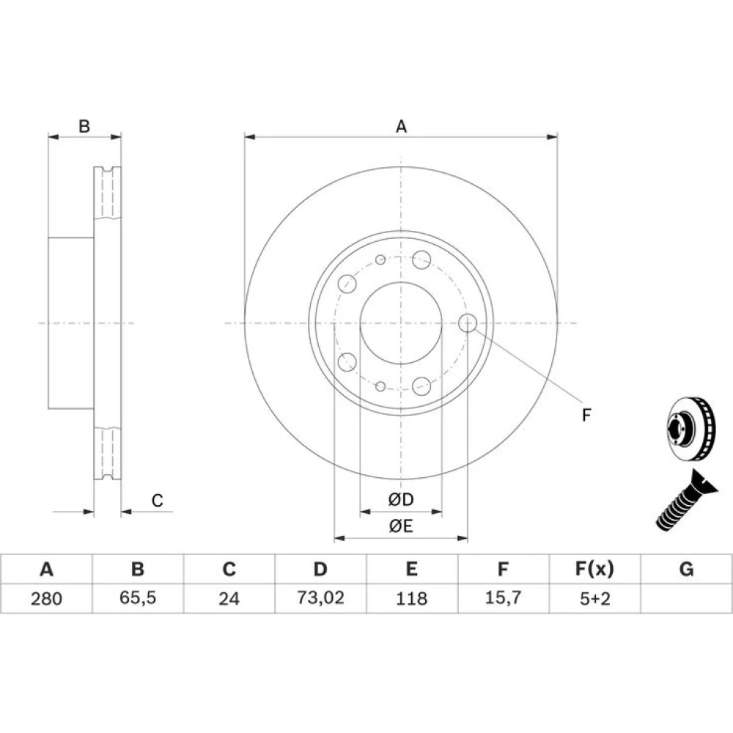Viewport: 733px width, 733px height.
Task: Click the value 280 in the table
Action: (x=46, y=598)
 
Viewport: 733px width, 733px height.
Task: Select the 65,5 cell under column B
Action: (x=138, y=598)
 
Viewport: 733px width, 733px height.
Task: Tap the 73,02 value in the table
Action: (x=321, y=598)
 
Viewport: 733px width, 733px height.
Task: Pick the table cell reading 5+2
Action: (x=595, y=598)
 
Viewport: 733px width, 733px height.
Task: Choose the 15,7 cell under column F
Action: (x=503, y=598)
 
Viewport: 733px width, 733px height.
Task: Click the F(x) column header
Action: (x=594, y=569)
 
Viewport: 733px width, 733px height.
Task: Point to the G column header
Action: (x=686, y=569)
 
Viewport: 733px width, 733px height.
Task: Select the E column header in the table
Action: (x=411, y=569)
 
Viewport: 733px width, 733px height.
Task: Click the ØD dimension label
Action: (x=401, y=500)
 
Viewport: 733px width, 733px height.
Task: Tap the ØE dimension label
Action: (x=401, y=526)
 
